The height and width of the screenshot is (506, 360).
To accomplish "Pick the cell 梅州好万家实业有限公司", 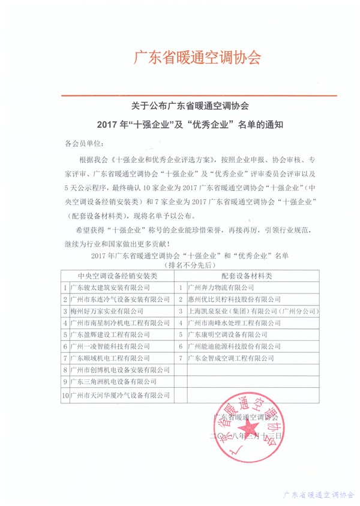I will click(107, 311).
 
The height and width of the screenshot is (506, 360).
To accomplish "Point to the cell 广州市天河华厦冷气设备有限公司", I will click(119, 395).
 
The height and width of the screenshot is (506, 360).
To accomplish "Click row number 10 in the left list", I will click(65, 395).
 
